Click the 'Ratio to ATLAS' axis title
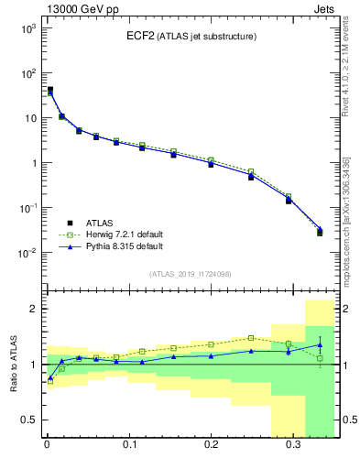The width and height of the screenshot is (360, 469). tap(13, 365)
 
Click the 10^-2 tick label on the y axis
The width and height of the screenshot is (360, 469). tap(27, 253)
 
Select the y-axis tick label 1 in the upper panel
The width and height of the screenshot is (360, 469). tap(32, 163)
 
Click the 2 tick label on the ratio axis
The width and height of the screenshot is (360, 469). tap(33, 309)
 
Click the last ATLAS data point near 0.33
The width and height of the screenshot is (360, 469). tap(319, 233)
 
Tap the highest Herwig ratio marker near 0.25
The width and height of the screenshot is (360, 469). tap(250, 338)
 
